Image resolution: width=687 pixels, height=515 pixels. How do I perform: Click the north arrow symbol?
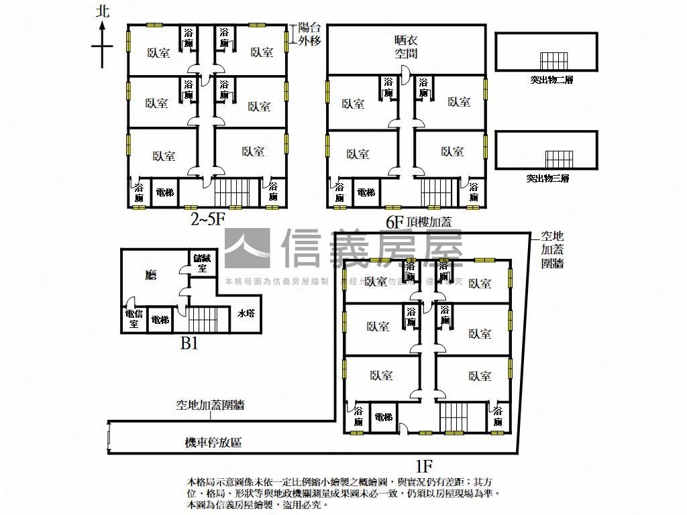pos(102,44)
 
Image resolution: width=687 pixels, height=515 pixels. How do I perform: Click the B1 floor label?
pos(189,343)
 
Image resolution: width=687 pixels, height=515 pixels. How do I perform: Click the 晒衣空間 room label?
pos(405,46)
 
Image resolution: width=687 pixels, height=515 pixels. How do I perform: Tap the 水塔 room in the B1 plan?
pos(245,312)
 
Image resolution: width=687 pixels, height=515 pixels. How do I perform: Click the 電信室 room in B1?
pos(134,319)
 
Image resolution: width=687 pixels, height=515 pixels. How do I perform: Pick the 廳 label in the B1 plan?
pos(151,275)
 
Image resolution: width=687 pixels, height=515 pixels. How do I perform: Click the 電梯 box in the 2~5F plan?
pos(164,192)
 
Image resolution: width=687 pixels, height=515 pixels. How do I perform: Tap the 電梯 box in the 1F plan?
pos(383,417)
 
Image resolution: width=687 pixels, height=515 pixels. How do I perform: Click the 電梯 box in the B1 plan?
pos(160,320)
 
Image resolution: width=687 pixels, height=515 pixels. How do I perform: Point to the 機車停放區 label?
pos(213,443)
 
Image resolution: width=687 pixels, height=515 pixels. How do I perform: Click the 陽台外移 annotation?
pos(310,34)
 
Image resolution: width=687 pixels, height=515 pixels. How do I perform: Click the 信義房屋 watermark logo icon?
pos(247,249)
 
